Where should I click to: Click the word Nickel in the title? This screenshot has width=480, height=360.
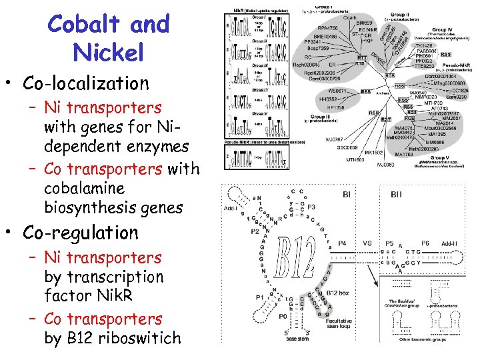(108, 52)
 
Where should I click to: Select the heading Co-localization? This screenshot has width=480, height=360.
(86, 83)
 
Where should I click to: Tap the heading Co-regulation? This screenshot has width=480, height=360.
(81, 233)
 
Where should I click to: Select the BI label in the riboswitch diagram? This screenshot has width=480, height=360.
(347, 195)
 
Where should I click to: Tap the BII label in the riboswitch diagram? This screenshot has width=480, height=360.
(396, 195)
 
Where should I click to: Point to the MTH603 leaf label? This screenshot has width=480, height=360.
(355, 160)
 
